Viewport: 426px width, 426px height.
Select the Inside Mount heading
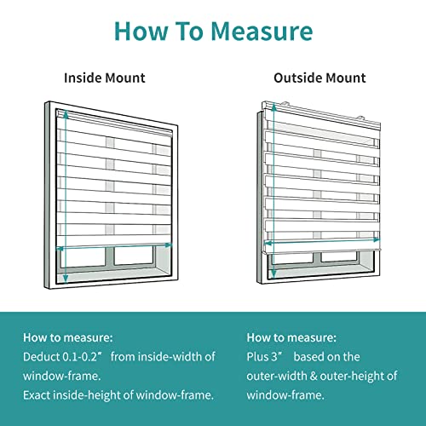point(105,78)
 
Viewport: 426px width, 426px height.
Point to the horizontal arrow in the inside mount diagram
point(114,249)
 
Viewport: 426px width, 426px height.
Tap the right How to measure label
point(291,337)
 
